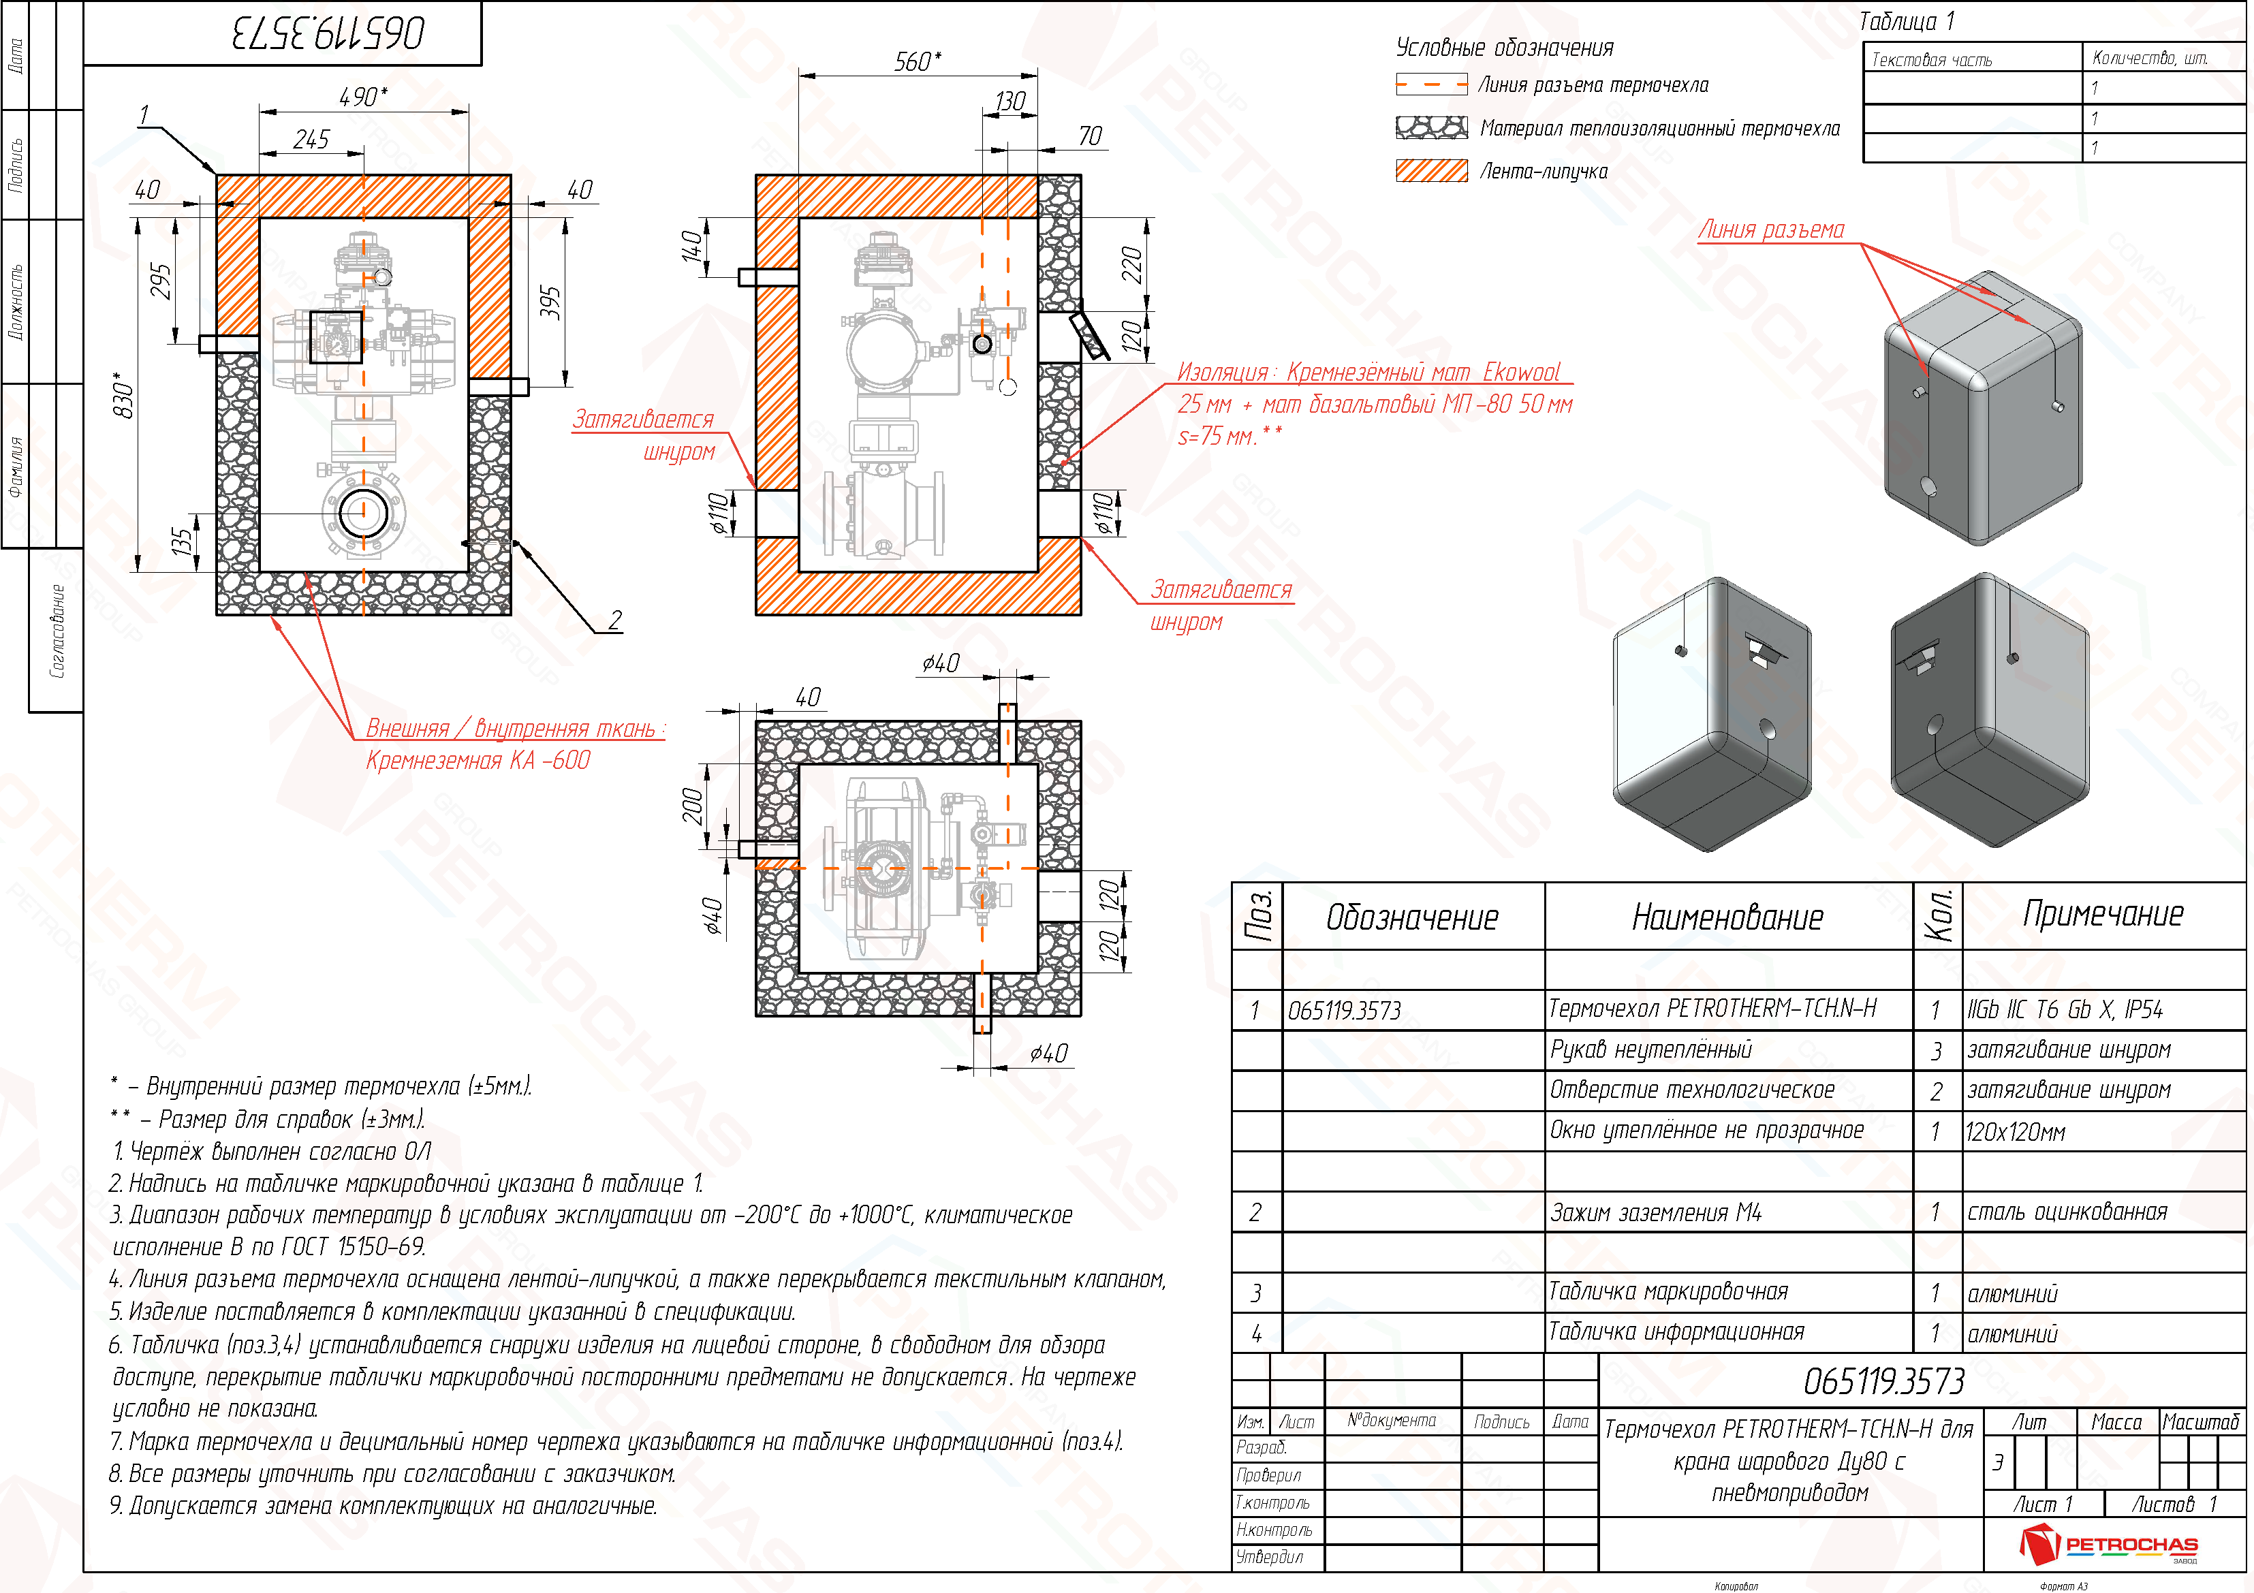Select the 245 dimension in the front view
(x=311, y=140)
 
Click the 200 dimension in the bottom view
(x=693, y=806)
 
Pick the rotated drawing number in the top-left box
(x=327, y=33)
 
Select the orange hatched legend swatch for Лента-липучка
(x=1431, y=171)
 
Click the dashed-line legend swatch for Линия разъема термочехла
(x=1431, y=84)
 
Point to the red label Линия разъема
(x=1771, y=230)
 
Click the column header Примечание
(x=2102, y=915)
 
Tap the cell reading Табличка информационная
(x=1676, y=1332)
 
